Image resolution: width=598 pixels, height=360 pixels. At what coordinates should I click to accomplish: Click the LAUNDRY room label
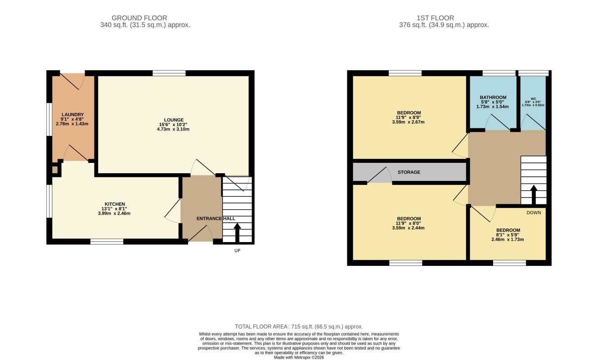click(72, 115)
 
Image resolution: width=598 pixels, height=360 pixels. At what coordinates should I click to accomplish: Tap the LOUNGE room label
click(174, 120)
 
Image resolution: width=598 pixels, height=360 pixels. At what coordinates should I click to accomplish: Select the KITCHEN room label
click(115, 204)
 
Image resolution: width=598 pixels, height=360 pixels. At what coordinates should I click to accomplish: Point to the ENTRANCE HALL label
click(216, 218)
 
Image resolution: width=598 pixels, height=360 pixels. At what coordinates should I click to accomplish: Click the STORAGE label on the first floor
click(409, 172)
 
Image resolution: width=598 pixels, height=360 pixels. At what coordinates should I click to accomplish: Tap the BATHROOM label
click(493, 98)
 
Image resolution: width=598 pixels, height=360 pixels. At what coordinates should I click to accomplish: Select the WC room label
click(533, 99)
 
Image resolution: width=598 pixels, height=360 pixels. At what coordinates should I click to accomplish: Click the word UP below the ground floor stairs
click(237, 251)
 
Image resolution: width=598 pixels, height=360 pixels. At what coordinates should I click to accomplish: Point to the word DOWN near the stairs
click(534, 212)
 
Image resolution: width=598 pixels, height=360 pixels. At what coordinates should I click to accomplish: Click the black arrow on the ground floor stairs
click(237, 233)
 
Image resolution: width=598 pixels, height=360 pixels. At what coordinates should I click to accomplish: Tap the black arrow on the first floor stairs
click(534, 195)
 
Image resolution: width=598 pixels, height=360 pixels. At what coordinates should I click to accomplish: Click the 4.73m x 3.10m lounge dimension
click(173, 129)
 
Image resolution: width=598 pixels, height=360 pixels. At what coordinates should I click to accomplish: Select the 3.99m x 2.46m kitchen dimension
click(114, 213)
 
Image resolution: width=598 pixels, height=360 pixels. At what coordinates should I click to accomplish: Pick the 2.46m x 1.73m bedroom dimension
click(508, 239)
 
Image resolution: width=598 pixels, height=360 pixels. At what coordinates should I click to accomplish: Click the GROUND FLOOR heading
click(139, 18)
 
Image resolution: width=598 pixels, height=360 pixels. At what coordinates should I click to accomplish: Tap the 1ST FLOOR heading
click(436, 18)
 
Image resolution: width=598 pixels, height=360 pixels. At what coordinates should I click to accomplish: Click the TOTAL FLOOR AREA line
click(299, 327)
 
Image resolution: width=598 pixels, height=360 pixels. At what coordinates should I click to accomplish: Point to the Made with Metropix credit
click(299, 357)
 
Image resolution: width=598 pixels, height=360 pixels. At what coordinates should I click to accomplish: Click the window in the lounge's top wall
click(169, 73)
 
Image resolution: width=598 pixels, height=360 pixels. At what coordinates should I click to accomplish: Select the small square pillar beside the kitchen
click(54, 170)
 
